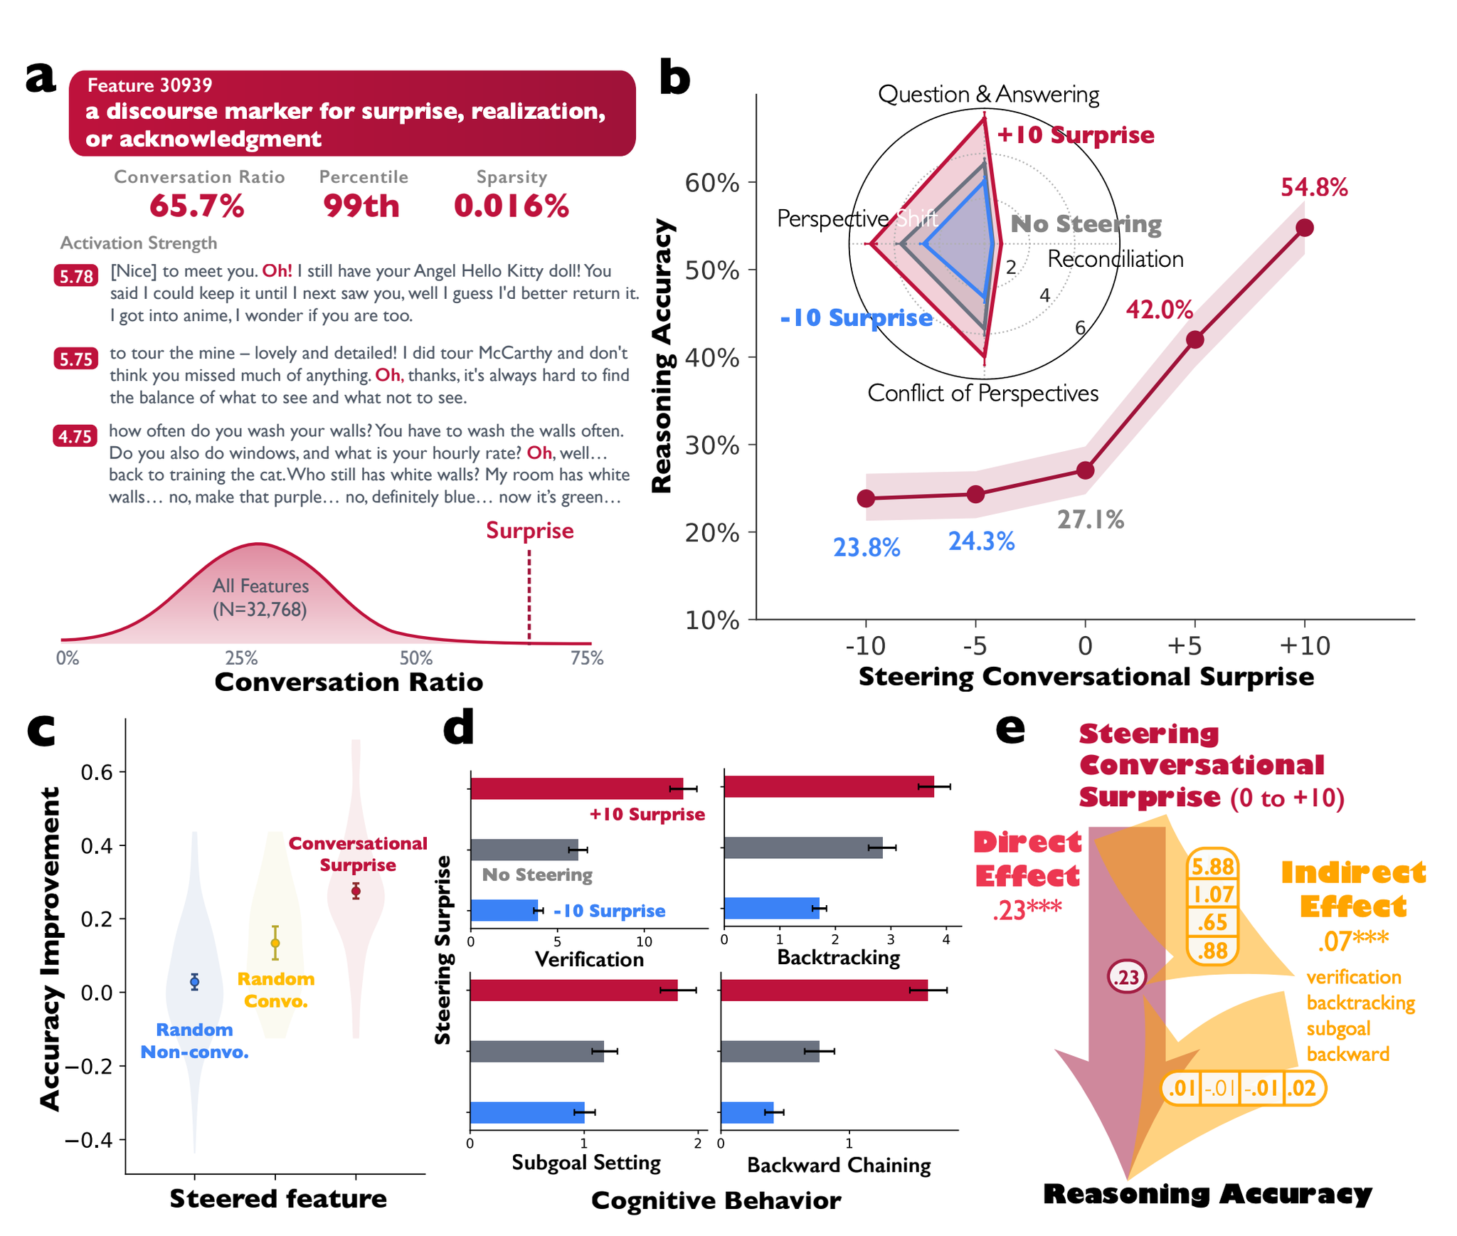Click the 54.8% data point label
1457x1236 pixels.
1313,188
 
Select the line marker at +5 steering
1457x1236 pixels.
1194,339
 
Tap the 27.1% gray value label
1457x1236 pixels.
1090,520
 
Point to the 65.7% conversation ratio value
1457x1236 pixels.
197,206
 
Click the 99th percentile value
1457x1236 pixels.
361,206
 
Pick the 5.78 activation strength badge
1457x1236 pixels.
76,276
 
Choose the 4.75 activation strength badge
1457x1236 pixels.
75,435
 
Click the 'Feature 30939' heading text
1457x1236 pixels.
149,85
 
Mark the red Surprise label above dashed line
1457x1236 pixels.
529,531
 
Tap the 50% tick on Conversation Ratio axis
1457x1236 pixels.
416,658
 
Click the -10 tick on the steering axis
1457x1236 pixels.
865,646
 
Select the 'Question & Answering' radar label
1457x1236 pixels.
988,95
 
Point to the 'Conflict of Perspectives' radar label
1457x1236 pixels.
982,393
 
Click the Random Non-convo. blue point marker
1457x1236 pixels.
194,982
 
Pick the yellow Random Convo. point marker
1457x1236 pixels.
275,944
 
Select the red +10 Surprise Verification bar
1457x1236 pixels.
576,788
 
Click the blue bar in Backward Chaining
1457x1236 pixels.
747,1112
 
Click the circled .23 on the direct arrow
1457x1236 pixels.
1126,977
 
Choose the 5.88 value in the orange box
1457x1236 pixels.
1213,867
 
